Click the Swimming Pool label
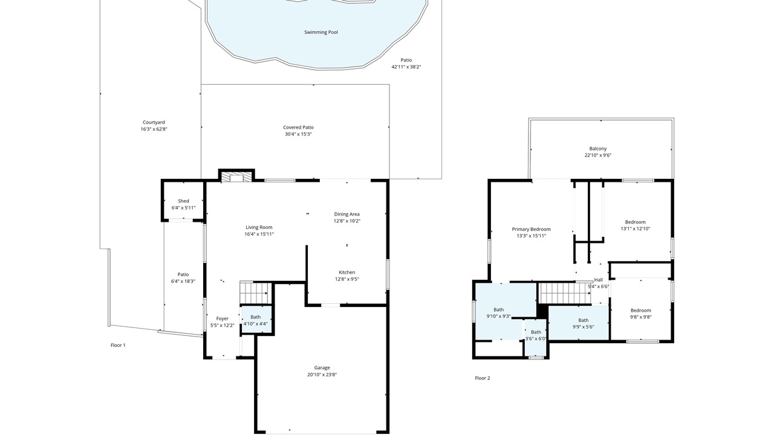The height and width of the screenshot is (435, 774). pyautogui.click(x=321, y=32)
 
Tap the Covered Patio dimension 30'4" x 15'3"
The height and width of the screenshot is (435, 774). pyautogui.click(x=298, y=134)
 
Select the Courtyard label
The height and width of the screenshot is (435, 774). pyautogui.click(x=154, y=122)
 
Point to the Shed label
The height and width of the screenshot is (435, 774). pyautogui.click(x=183, y=201)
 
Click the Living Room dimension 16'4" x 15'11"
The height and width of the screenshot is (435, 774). pyautogui.click(x=259, y=234)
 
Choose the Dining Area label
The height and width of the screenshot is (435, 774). pyautogui.click(x=346, y=214)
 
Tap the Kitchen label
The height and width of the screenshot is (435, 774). pyautogui.click(x=347, y=272)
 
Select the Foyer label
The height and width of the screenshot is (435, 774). pyautogui.click(x=222, y=318)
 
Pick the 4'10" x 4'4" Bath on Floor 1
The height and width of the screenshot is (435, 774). pyautogui.click(x=256, y=320)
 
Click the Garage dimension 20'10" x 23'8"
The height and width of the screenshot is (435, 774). pyautogui.click(x=322, y=375)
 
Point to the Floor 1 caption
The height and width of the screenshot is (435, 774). pyautogui.click(x=118, y=345)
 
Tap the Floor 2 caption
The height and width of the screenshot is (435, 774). pyautogui.click(x=483, y=378)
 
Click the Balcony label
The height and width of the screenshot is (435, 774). pyautogui.click(x=598, y=149)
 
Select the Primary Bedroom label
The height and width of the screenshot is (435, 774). pyautogui.click(x=531, y=229)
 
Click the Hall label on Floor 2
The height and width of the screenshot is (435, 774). pyautogui.click(x=599, y=280)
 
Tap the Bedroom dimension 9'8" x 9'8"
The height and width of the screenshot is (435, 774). pyautogui.click(x=640, y=317)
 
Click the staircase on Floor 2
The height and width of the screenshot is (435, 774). pyautogui.click(x=565, y=293)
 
